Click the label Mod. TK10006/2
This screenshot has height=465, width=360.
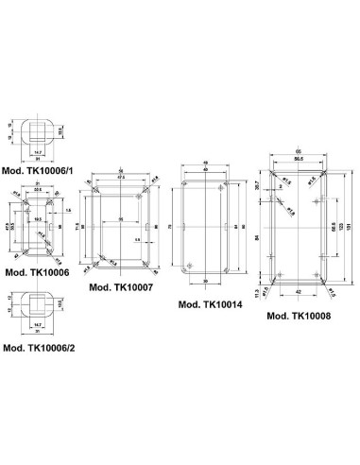[40, 348]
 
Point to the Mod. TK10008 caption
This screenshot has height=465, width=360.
[301, 316]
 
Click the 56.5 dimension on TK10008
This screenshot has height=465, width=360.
[300, 160]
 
